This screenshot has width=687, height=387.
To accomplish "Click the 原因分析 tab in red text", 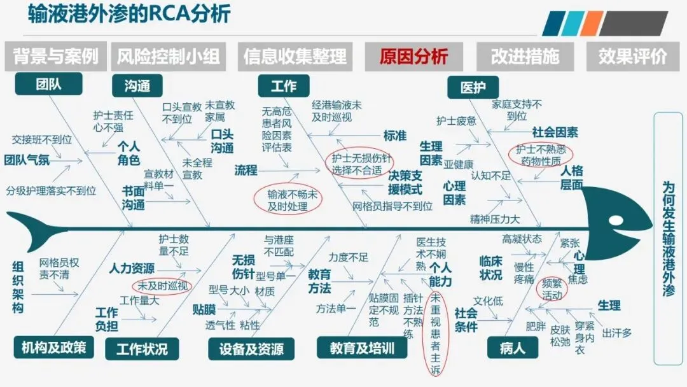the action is click(x=413, y=57).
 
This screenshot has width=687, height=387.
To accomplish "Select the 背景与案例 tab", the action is click(x=56, y=57).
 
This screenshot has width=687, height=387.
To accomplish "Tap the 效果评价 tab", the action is click(x=632, y=57).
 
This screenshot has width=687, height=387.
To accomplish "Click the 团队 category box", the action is click(x=48, y=83).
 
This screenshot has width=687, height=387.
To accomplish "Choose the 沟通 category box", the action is click(x=137, y=85).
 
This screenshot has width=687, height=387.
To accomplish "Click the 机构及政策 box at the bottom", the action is click(x=53, y=347).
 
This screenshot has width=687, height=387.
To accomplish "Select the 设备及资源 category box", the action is click(x=251, y=349).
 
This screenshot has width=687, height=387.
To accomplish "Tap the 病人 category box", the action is click(x=513, y=348).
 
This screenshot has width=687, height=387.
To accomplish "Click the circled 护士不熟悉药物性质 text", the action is click(x=541, y=154).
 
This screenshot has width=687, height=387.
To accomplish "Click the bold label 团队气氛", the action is click(x=27, y=160).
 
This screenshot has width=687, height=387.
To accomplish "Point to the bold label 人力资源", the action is click(x=131, y=268).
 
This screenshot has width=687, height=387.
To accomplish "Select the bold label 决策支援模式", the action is click(x=405, y=182).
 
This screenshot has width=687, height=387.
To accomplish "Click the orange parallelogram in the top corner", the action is click(x=591, y=23).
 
